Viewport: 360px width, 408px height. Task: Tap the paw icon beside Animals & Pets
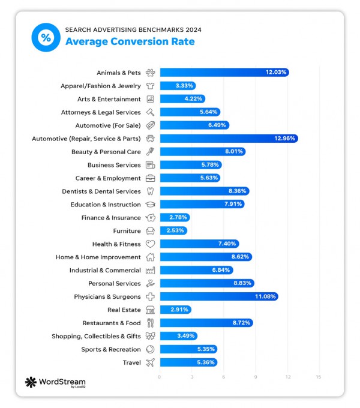pyautogui.click(x=150, y=73)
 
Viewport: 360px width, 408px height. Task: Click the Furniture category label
pyautogui.click(x=127, y=231)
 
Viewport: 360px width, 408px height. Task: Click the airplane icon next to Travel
pyautogui.click(x=150, y=362)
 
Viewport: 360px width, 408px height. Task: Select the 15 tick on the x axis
pyautogui.click(x=318, y=377)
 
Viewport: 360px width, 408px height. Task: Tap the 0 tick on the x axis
pyautogui.click(x=160, y=377)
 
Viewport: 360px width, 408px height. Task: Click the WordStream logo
pyautogui.click(x=55, y=383)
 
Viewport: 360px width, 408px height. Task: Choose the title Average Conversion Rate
pyautogui.click(x=130, y=41)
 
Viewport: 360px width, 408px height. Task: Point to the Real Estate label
pyautogui.click(x=124, y=310)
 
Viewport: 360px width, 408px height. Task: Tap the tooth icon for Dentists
pyautogui.click(x=150, y=191)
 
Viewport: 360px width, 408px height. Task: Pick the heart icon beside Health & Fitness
pyautogui.click(x=150, y=244)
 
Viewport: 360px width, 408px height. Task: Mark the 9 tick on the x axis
pyautogui.click(x=255, y=377)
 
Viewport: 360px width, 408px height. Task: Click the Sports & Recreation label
pyautogui.click(x=111, y=349)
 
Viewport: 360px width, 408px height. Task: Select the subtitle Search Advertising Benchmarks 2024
pyautogui.click(x=133, y=29)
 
